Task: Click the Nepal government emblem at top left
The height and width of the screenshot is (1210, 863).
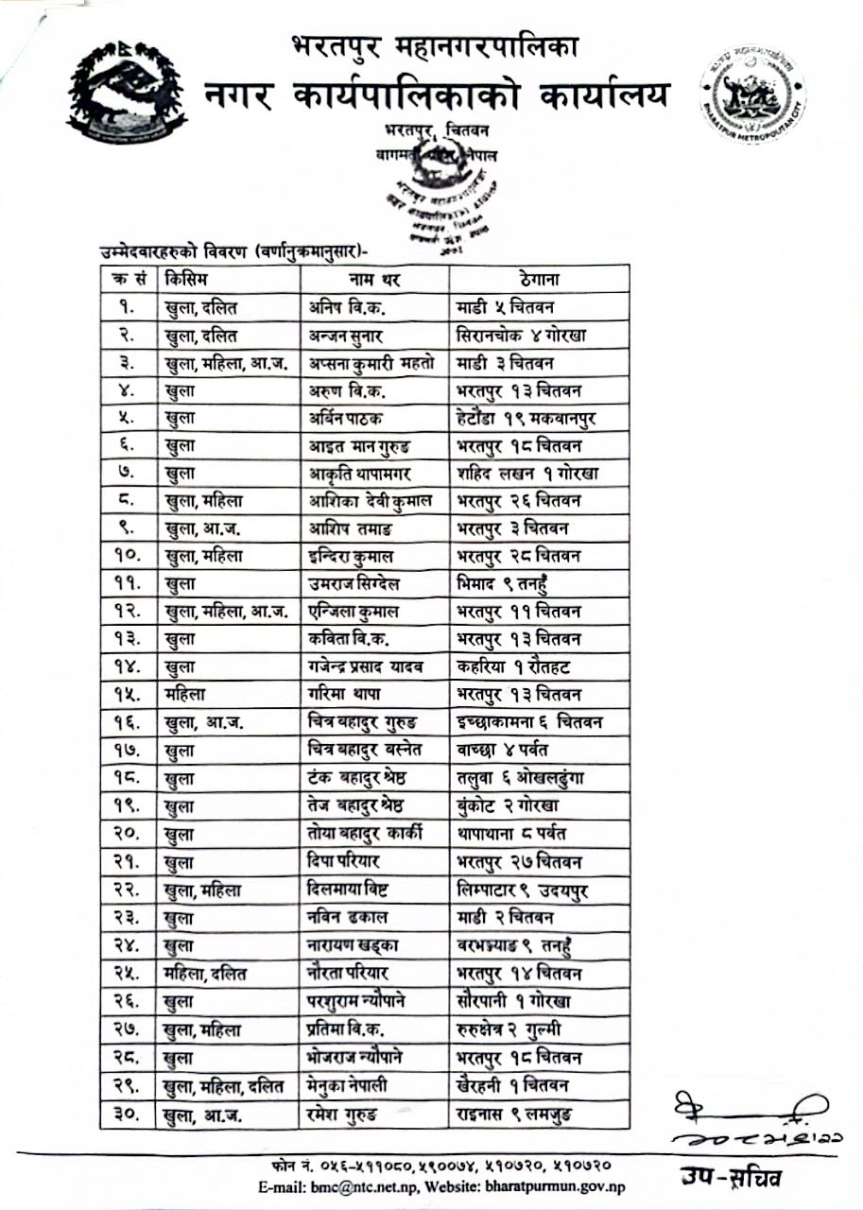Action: [x=126, y=91]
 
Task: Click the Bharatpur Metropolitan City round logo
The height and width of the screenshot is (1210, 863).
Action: [x=752, y=94]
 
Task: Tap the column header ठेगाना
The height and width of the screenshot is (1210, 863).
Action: [x=540, y=279]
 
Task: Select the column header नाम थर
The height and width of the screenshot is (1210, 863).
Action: [x=373, y=279]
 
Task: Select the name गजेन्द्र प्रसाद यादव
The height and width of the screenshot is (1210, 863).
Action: [x=366, y=668]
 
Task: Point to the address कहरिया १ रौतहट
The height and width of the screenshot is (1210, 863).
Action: [x=516, y=668]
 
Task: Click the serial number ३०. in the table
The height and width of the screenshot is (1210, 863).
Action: [x=128, y=1115]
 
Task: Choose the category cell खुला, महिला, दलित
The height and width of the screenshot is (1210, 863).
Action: [x=223, y=1087]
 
